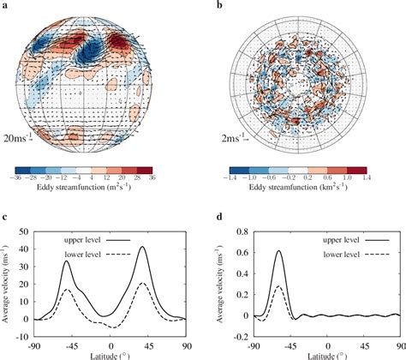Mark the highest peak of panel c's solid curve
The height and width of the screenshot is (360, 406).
coord(142,248)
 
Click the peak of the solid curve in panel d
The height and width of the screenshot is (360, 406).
coord(278,249)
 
